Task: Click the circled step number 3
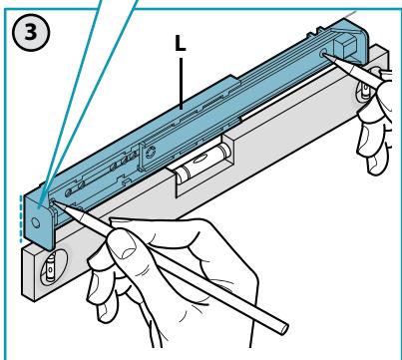pos(31,33)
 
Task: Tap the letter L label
pos(181,44)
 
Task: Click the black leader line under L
pos(181,84)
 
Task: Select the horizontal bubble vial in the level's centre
pos(203,163)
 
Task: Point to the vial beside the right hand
pos(365,88)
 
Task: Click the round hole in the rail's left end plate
pos(36,222)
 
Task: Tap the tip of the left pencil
pos(54,201)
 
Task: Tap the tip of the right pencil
pos(324,54)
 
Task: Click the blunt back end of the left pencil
pos(283,328)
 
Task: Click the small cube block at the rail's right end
pos(345,46)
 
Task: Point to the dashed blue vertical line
pos(21,218)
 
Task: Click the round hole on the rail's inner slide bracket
pos(151,152)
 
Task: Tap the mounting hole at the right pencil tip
pos(322,54)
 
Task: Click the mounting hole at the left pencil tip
pos(52,201)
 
